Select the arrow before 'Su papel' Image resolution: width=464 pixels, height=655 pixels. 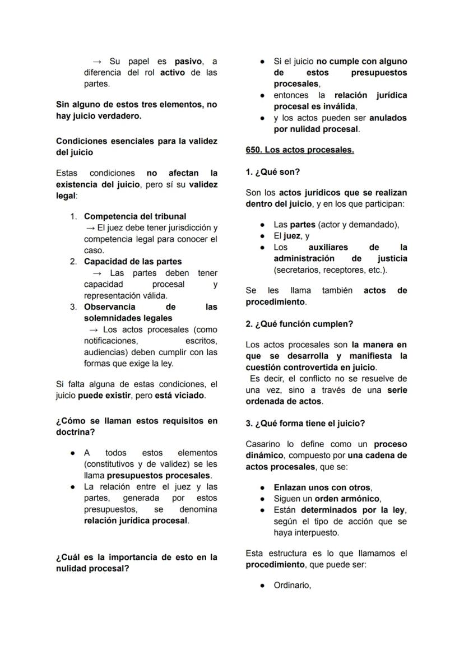[96, 61]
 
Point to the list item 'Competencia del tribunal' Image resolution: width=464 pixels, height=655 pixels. [135, 216]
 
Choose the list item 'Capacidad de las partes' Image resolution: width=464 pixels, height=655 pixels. [133, 262]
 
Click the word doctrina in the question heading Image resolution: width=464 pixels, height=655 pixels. [75, 433]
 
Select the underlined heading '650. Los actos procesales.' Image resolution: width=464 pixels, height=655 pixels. [300, 150]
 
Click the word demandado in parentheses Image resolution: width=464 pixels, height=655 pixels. [375, 225]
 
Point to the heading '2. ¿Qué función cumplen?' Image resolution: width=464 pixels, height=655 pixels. [299, 324]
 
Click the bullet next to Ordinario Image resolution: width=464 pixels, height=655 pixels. [262, 586]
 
